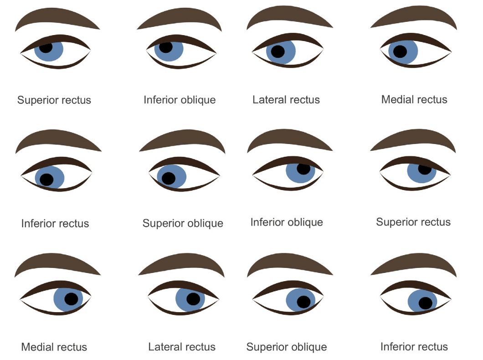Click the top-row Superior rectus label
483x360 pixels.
pos(54,100)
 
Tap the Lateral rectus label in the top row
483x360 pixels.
pos(286,100)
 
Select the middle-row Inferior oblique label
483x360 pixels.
pos(287,222)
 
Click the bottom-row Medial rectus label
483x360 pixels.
pos(54,347)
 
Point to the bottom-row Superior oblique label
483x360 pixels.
pos(287,347)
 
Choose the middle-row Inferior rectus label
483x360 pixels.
pos(55,224)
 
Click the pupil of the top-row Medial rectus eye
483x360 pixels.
pos(400,51)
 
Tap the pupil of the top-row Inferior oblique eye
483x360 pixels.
pos(166,47)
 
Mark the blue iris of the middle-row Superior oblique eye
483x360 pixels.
pos(172,176)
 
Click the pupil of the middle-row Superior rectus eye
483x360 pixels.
pos(425,169)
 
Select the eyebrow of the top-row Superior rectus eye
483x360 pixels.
pos(57,19)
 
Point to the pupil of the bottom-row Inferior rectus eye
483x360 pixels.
pos(426,303)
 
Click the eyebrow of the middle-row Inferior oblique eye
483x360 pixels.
pos(289,140)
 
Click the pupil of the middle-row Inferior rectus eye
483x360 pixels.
pos(46,180)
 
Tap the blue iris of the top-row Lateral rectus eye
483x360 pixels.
pos(281,52)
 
